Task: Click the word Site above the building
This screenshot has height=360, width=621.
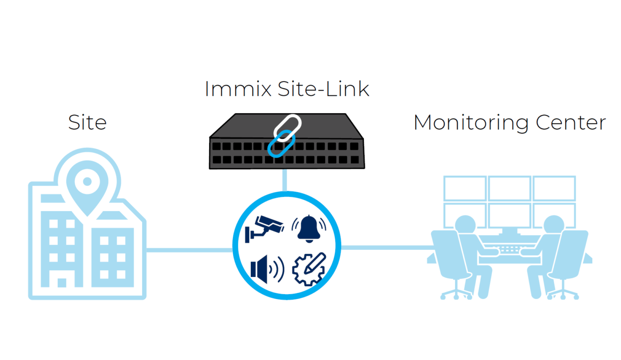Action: coord(87,122)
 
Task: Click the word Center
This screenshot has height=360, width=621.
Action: coord(571,122)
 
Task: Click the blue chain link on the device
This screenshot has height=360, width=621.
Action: coord(278,144)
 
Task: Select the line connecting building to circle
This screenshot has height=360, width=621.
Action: coord(189,250)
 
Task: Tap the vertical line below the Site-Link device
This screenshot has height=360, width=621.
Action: coord(285,180)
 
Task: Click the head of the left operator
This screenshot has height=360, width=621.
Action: coord(465,225)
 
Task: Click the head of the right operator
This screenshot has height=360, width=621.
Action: coord(553,225)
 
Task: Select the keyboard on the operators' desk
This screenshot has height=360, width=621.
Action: coord(509,249)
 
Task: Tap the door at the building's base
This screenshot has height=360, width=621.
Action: coord(62,282)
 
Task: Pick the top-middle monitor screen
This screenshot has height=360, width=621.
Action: coord(509,188)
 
